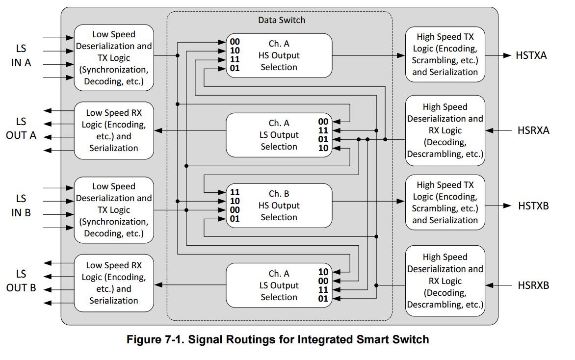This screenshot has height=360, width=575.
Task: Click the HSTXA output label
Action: pyautogui.click(x=531, y=55)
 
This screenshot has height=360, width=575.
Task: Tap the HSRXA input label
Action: pyautogui.click(x=533, y=130)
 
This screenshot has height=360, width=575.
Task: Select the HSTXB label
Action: pyautogui.click(x=533, y=206)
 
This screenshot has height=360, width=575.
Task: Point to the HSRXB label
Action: pyautogui.click(x=533, y=285)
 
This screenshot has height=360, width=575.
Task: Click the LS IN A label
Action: pyautogui.click(x=21, y=56)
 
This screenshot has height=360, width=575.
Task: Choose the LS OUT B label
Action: pyautogui.click(x=21, y=281)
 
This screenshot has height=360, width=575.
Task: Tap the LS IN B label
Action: pyautogui.click(x=21, y=206)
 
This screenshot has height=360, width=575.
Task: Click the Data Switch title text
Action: pyautogui.click(x=281, y=20)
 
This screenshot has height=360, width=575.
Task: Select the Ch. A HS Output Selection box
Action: pyautogui.click(x=279, y=55)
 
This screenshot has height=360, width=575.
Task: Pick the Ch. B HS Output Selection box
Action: pyautogui.click(x=279, y=206)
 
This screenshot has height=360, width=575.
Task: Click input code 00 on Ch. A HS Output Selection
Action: pyautogui.click(x=235, y=42)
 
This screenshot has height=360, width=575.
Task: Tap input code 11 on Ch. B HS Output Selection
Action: pyautogui.click(x=235, y=192)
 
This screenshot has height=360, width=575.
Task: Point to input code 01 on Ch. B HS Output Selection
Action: pyautogui.click(x=235, y=219)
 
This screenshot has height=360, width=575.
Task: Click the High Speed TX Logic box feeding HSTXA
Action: pyautogui.click(x=445, y=54)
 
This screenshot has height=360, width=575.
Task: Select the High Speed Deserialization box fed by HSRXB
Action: pyautogui.click(x=445, y=281)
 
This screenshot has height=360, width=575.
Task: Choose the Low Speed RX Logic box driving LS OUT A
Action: pyautogui.click(x=114, y=130)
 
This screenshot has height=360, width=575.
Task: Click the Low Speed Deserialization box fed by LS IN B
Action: pyautogui.click(x=114, y=210)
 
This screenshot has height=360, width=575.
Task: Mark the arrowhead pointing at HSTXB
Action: pyautogui.click(x=507, y=206)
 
